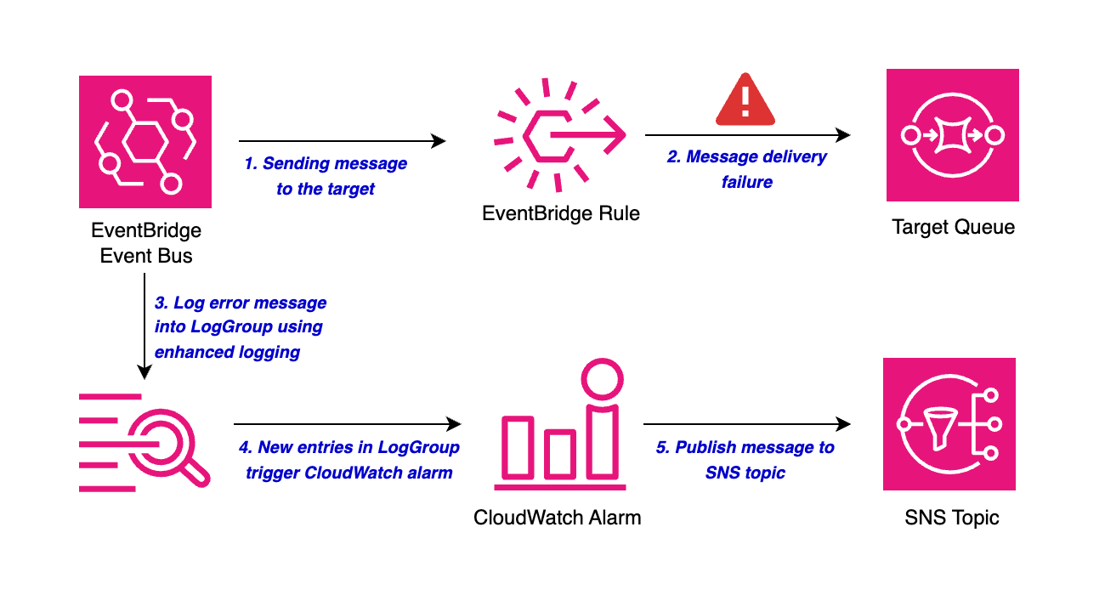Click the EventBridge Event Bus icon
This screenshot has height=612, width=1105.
(x=145, y=142)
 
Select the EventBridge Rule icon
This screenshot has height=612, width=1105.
(x=560, y=135)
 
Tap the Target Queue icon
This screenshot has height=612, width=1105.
(x=952, y=135)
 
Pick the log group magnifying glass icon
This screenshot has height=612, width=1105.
(x=144, y=443)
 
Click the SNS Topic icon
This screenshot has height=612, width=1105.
(x=949, y=424)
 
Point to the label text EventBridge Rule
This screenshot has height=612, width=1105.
(x=560, y=212)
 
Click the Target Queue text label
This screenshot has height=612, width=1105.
(x=953, y=227)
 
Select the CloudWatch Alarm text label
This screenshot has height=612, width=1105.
(x=557, y=517)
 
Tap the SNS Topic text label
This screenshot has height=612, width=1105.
(x=951, y=517)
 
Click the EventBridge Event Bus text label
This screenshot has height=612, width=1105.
(x=146, y=243)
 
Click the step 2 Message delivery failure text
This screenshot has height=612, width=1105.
(x=746, y=169)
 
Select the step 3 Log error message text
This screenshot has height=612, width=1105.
(x=241, y=327)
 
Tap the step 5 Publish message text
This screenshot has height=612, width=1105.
(x=745, y=460)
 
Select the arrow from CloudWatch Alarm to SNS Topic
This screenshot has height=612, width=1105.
(x=746, y=423)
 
